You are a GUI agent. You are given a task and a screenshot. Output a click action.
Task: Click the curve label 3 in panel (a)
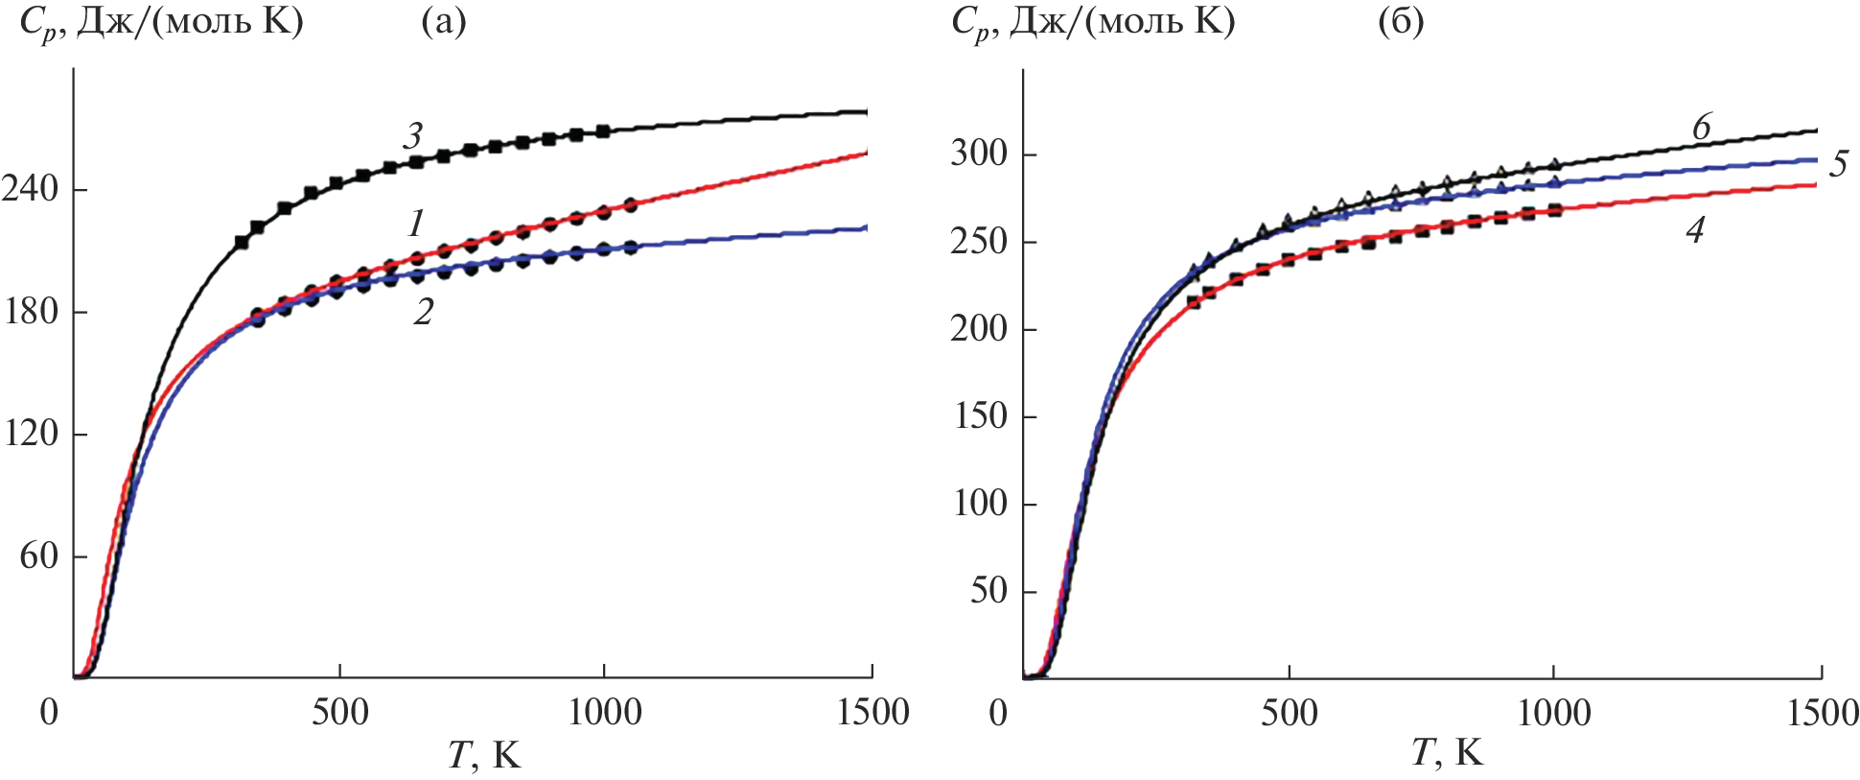point(413,136)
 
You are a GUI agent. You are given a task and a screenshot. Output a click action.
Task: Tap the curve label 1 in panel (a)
point(415,224)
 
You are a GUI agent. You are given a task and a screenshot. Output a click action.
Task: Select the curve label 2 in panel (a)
point(423,311)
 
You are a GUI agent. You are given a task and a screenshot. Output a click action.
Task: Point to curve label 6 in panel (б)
point(1702,127)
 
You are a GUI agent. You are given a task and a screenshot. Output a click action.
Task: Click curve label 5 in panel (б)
point(1838,164)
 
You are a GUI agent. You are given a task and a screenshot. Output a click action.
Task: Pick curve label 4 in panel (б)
point(1695,230)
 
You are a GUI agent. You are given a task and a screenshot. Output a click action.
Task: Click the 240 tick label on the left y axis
point(31,189)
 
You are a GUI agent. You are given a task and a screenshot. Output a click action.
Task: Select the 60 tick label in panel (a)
point(39,555)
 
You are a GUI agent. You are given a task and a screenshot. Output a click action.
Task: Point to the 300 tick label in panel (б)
point(979,154)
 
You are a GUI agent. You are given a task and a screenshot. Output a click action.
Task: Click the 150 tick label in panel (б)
point(980,416)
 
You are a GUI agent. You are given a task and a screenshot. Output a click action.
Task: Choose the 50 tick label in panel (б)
point(988,591)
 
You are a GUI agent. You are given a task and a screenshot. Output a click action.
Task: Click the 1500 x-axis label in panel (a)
point(871,712)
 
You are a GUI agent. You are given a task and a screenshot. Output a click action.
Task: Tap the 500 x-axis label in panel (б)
point(1289,713)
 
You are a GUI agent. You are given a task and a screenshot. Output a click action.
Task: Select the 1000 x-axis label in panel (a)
point(604,712)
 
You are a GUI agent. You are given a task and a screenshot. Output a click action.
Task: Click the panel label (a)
point(444,21)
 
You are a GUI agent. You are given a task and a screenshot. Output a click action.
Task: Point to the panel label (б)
point(1401,21)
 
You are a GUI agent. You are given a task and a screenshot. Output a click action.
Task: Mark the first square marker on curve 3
point(242,243)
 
